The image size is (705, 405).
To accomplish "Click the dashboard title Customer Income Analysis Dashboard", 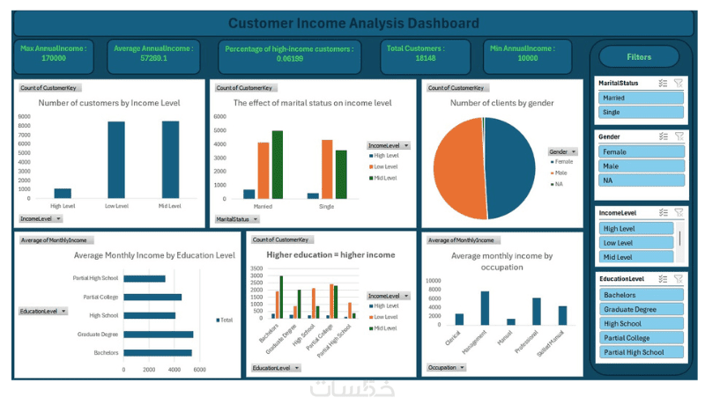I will pyautogui.click(x=353, y=24).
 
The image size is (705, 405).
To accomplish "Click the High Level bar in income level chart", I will pyautogui.click(x=63, y=193).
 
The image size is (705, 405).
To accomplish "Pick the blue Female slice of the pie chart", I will pyautogui.click(x=510, y=167).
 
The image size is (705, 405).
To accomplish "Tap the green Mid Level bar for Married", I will pyautogui.click(x=277, y=165).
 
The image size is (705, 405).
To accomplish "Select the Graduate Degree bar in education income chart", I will pyautogui.click(x=158, y=334).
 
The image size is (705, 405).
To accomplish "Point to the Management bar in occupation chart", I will pyautogui.click(x=485, y=309).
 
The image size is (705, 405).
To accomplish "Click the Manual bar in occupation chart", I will pyautogui.click(x=510, y=321).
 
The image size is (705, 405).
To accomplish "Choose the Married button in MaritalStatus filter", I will pyautogui.click(x=641, y=98).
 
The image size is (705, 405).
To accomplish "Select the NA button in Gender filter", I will pyautogui.click(x=641, y=180).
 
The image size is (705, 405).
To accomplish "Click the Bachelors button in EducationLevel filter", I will pyautogui.click(x=641, y=295).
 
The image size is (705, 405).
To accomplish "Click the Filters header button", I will pyautogui.click(x=639, y=57).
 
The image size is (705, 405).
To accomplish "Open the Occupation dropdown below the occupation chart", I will pyautogui.click(x=446, y=367).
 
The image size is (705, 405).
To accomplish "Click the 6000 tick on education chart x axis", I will pyautogui.click(x=199, y=370).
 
